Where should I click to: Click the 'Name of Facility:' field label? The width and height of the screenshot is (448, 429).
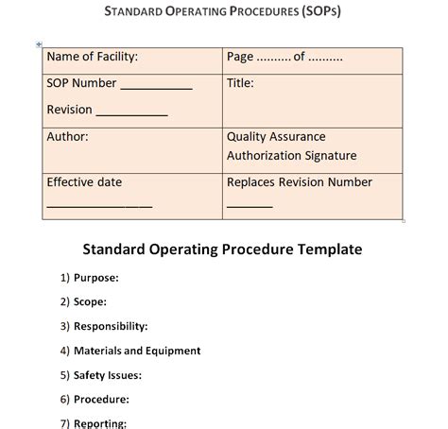(92, 57)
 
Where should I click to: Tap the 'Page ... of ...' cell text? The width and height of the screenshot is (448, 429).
(284, 57)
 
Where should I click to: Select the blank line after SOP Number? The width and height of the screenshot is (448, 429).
(156, 88)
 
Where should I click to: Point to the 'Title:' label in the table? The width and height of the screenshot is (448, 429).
(240, 83)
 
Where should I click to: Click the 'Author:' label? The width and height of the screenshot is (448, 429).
(67, 137)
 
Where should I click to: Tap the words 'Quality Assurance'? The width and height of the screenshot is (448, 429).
(276, 137)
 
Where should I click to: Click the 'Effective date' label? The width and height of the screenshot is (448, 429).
(84, 182)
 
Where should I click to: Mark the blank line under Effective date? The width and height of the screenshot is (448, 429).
(99, 206)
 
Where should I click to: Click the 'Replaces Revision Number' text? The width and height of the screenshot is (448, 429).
(300, 182)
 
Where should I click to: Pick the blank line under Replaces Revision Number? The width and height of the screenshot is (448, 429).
(250, 206)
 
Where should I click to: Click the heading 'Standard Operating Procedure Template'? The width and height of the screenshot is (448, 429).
(223, 250)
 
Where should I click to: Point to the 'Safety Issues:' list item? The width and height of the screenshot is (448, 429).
(108, 375)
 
